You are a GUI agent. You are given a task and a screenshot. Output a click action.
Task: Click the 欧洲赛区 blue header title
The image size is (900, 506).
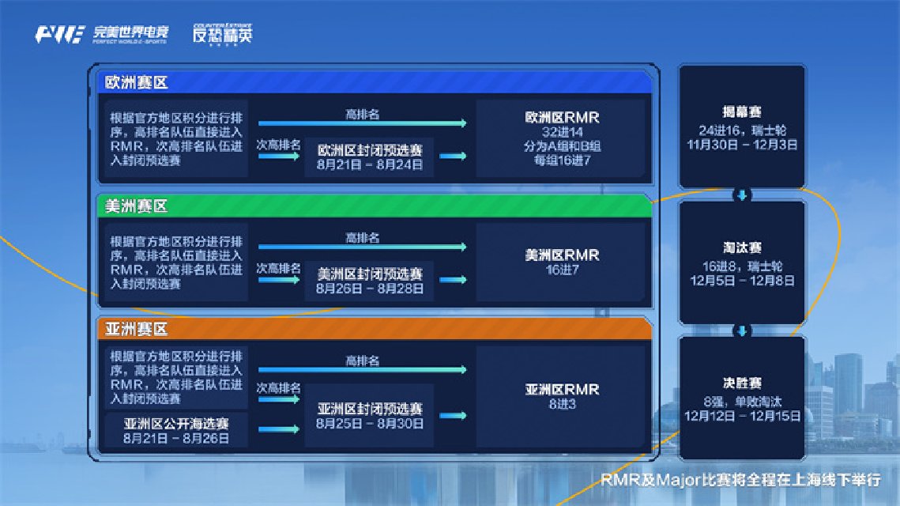pyautogui.click(x=136, y=83)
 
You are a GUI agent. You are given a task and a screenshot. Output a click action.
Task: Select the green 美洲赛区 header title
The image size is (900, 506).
pyautogui.click(x=136, y=206)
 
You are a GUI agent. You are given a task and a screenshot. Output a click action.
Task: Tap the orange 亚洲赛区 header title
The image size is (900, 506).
pyautogui.click(x=136, y=329)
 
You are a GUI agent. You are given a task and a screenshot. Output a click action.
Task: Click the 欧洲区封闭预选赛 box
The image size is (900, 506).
pyautogui.click(x=369, y=157)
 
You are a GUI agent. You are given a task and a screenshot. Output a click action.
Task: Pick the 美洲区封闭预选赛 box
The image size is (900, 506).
pyautogui.click(x=369, y=281)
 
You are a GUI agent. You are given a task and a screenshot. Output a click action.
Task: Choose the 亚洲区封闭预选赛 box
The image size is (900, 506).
pyautogui.click(x=369, y=416)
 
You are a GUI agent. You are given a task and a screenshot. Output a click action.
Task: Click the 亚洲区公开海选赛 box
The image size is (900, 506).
pyautogui.click(x=176, y=430)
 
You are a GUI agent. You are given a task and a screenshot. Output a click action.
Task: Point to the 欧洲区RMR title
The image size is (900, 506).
pyautogui.click(x=562, y=118)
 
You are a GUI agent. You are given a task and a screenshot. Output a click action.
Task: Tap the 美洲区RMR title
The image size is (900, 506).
pyautogui.click(x=562, y=255)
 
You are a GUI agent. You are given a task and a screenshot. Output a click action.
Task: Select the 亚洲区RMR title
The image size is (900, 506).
pyautogui.click(x=562, y=390)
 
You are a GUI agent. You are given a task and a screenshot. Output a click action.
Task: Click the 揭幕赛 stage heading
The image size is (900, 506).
pyautogui.click(x=742, y=112)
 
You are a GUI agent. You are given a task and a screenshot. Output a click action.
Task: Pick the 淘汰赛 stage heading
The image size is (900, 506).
pyautogui.click(x=742, y=248)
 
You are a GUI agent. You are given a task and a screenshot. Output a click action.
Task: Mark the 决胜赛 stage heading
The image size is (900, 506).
pyautogui.click(x=742, y=383)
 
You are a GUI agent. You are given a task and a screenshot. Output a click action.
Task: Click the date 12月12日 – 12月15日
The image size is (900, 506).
pyautogui.click(x=742, y=416)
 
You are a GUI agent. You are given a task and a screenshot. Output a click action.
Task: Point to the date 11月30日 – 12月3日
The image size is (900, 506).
pyautogui.click(x=742, y=145)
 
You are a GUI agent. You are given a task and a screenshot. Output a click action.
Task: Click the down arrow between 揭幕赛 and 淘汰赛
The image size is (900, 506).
pyautogui.click(x=742, y=195)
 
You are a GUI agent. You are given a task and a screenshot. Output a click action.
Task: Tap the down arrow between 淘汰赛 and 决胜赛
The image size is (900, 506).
pyautogui.click(x=742, y=330)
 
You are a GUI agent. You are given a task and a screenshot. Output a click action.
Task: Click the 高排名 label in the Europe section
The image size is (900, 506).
pyautogui.click(x=362, y=115)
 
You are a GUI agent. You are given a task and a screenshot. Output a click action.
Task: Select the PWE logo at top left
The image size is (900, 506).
pyautogui.click(x=60, y=35)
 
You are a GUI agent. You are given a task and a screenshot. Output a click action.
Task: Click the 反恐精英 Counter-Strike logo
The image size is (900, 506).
pyautogui.click(x=223, y=34)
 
